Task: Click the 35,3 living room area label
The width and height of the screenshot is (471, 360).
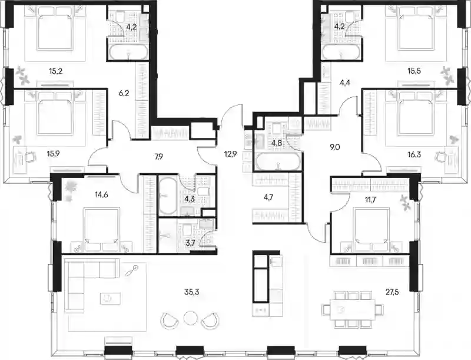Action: click(x=192, y=292)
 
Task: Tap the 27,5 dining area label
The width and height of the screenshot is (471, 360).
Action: click(x=392, y=292)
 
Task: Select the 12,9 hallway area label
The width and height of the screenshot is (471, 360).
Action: click(x=230, y=154)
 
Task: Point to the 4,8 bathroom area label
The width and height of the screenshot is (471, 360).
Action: click(x=276, y=143)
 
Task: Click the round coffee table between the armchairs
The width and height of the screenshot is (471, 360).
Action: click(x=190, y=318)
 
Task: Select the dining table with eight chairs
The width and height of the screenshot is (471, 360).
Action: click(x=353, y=309)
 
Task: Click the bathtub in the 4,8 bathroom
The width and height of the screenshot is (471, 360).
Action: click(x=277, y=161)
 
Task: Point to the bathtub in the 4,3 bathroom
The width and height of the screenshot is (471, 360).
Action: click(x=167, y=196)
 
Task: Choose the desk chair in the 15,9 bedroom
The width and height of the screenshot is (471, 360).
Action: click(x=30, y=157)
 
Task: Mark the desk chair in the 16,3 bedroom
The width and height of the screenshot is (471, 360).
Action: click(x=440, y=157)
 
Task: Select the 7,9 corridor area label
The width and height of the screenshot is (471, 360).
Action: click(x=158, y=156)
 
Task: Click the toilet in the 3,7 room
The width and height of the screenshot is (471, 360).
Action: click(x=187, y=231)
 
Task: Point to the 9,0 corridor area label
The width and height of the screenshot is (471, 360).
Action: click(x=334, y=147)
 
